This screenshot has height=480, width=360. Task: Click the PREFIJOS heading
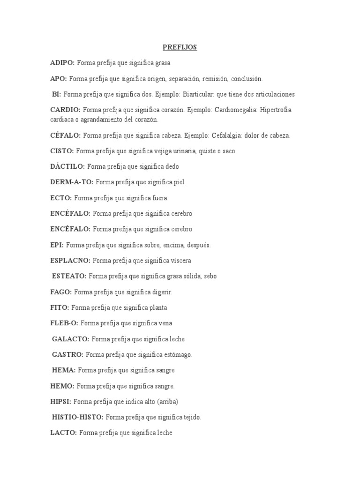(180, 47)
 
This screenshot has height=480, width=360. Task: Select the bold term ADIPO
(62, 62)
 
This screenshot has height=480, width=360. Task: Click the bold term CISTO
(62, 151)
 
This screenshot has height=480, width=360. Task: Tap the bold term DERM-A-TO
(72, 182)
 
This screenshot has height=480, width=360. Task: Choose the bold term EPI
(57, 245)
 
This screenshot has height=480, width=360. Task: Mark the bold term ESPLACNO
(70, 260)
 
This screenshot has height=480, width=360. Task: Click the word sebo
(210, 276)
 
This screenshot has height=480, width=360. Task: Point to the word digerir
(162, 292)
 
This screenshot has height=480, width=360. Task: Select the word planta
(158, 307)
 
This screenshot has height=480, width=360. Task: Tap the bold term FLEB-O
(64, 323)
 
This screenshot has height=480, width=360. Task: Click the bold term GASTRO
(68, 354)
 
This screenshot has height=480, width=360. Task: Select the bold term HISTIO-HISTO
(78, 417)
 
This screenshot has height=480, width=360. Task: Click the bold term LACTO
(63, 433)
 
